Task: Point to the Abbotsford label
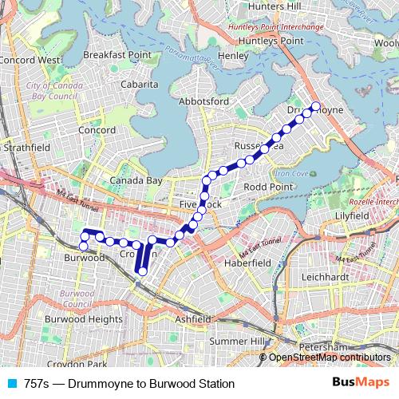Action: tap(204, 101)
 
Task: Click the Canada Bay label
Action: tap(136, 181)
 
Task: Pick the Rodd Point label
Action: tap(267, 187)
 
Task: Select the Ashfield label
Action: tap(193, 318)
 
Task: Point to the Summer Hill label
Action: tap(236, 342)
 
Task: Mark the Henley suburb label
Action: tap(233, 56)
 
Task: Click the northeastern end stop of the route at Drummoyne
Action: tap(315, 106)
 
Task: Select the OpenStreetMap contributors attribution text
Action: tap(330, 357)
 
